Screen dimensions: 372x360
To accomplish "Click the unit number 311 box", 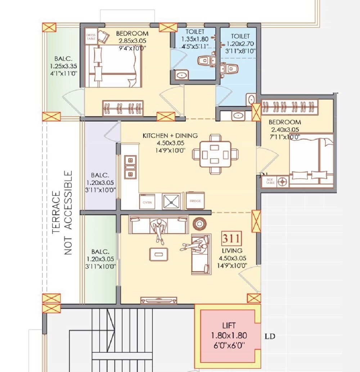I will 231,238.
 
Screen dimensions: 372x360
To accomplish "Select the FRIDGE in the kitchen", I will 195,201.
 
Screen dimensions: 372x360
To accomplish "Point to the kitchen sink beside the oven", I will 171,201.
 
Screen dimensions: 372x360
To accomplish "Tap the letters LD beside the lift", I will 270,336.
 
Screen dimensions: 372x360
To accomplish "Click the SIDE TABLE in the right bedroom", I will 270,182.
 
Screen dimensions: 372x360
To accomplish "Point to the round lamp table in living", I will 198,223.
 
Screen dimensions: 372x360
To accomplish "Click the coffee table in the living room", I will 158,254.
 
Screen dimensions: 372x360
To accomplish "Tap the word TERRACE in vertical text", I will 57,213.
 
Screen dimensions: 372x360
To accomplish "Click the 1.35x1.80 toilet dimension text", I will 194,39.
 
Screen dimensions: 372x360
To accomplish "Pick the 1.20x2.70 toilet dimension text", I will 240,44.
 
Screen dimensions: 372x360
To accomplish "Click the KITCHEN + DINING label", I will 170,136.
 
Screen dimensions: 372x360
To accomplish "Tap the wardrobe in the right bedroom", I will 290,107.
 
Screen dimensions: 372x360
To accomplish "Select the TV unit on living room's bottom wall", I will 158,300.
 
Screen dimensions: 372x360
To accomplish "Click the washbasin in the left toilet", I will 181,76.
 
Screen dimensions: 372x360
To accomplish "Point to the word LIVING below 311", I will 232,250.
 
